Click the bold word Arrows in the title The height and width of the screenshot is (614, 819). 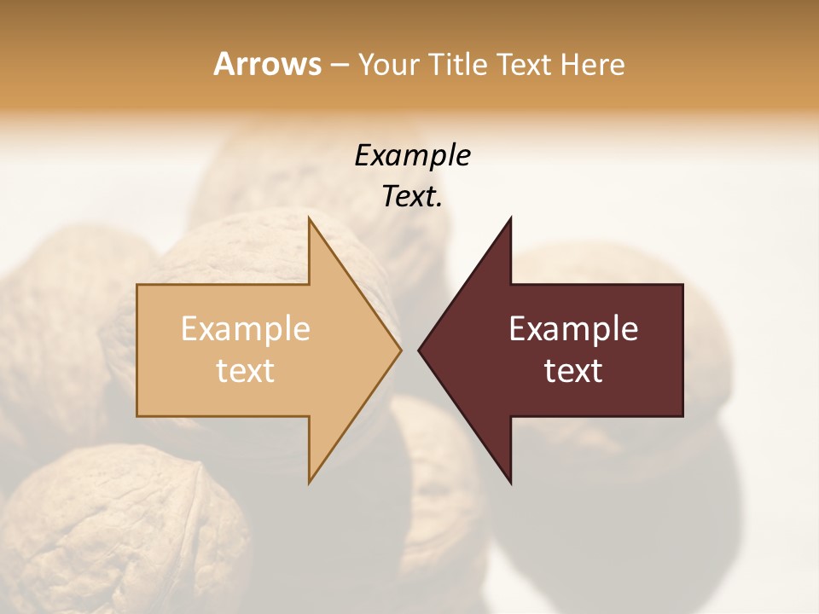(x=267, y=64)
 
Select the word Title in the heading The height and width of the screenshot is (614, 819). (x=457, y=65)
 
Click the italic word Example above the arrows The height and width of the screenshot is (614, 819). (x=412, y=155)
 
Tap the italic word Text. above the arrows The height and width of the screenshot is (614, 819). (x=412, y=197)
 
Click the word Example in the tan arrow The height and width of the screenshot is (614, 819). (x=245, y=329)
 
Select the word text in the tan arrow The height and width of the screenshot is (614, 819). (x=245, y=371)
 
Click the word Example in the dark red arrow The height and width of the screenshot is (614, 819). (x=573, y=329)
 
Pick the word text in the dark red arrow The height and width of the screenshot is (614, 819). (x=573, y=371)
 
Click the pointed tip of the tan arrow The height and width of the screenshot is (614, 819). (x=399, y=350)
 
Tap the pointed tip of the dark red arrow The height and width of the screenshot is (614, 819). (x=420, y=350)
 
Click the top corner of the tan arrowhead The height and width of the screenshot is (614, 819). (x=310, y=219)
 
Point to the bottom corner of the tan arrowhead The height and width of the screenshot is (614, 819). (x=310, y=482)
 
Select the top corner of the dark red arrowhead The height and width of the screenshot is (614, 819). (x=510, y=219)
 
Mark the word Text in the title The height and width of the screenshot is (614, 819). (x=523, y=65)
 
